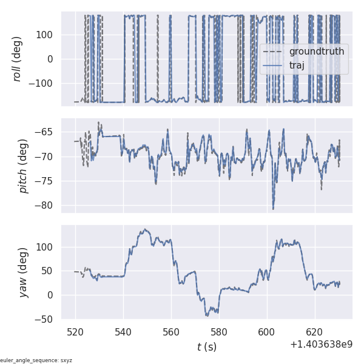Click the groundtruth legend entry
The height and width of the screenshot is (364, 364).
[x=316, y=51]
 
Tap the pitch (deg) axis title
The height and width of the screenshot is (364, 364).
[x=24, y=166]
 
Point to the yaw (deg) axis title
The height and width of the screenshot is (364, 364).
[x=24, y=272]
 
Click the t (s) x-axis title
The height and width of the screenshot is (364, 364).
[x=207, y=347]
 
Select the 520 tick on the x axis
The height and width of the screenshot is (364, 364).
[x=76, y=332]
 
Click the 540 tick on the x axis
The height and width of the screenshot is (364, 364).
[x=123, y=332]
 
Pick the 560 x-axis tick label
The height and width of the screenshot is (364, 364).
[x=171, y=332]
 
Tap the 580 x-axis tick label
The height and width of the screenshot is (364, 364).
[x=219, y=332]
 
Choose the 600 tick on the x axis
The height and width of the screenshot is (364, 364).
[x=267, y=332]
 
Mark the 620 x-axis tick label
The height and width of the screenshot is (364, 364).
[x=314, y=332]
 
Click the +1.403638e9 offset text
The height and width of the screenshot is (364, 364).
[x=321, y=344]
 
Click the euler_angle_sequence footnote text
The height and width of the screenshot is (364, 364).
[x=36, y=360]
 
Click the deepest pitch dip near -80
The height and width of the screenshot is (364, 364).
[x=273, y=209]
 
